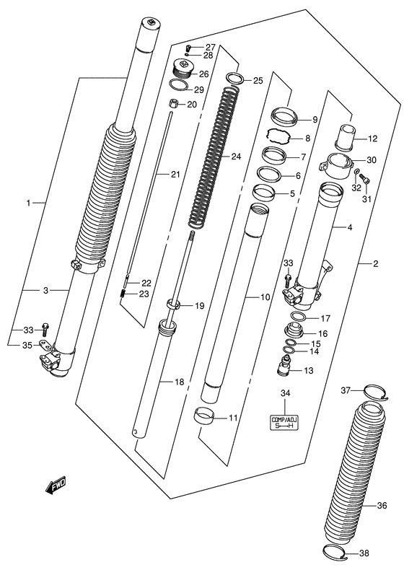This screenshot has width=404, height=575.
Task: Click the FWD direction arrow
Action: pyautogui.click(x=56, y=486)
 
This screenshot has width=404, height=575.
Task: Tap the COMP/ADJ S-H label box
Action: pyautogui.click(x=285, y=423)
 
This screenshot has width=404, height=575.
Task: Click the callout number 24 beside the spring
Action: pyautogui.click(x=236, y=157)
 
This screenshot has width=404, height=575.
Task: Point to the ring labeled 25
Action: pyautogui.click(x=235, y=78)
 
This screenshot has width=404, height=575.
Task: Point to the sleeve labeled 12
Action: pyautogui.click(x=345, y=138)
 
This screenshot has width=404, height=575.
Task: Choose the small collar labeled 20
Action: pyautogui.click(x=172, y=104)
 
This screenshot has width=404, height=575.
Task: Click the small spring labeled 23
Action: pyautogui.click(x=123, y=294)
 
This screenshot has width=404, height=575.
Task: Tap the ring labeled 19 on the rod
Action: pyautogui.click(x=174, y=304)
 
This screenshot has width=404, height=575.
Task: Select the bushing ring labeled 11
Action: pyautogui.click(x=204, y=416)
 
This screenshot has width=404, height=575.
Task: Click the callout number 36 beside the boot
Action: pyautogui.click(x=382, y=505)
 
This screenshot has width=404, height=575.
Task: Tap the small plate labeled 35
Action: pyautogui.click(x=44, y=345)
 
